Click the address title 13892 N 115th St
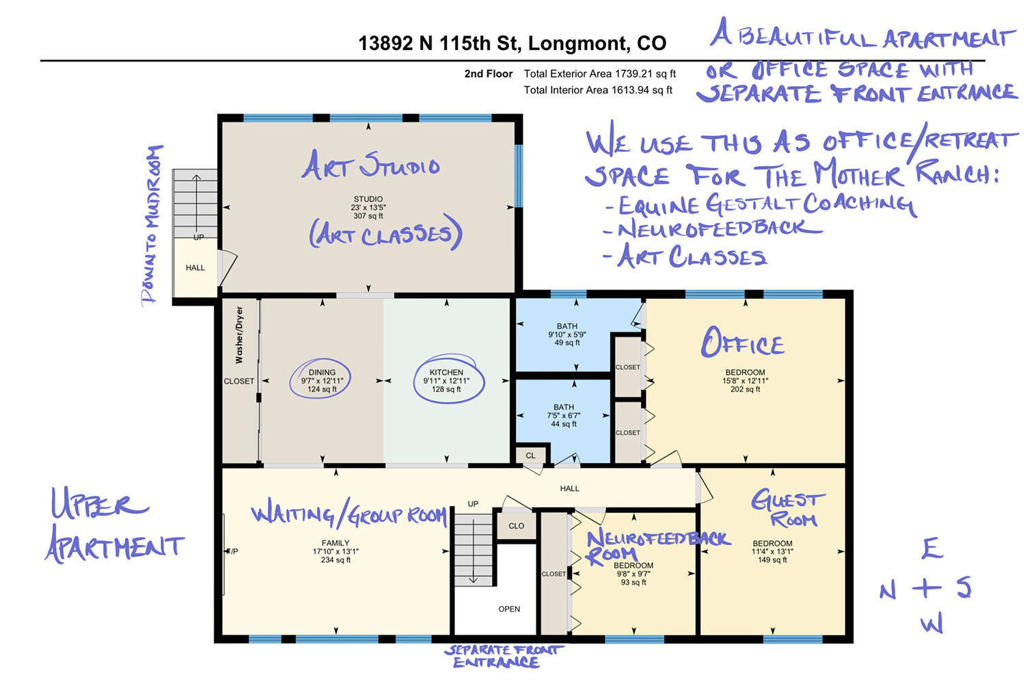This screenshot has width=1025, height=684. [438, 44]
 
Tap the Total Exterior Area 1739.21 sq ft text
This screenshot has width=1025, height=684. [599, 74]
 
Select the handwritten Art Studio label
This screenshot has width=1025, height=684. [370, 165]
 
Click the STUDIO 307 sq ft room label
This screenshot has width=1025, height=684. [368, 207]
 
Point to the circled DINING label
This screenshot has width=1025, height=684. [322, 380]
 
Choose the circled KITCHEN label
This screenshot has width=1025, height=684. [446, 380]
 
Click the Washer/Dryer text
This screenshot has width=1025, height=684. [239, 335]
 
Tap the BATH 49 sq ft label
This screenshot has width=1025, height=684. [567, 334]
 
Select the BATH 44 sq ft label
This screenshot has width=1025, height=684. [564, 415]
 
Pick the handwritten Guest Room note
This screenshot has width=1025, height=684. [788, 508]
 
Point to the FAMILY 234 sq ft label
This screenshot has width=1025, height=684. [336, 551]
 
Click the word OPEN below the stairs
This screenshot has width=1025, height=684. [509, 609]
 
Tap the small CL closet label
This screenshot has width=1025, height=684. [530, 456]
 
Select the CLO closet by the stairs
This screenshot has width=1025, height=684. [516, 526]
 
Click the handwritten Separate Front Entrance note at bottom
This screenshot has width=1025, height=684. [504, 656]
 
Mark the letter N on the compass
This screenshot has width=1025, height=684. [888, 590]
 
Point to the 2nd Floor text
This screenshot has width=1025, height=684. [489, 74]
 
